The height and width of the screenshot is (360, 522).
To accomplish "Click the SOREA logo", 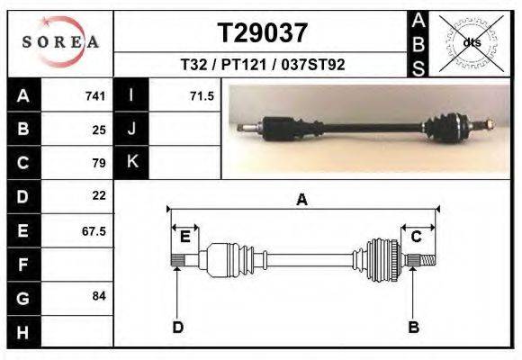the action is (x=60, y=42).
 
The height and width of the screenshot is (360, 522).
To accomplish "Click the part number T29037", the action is (x=262, y=33).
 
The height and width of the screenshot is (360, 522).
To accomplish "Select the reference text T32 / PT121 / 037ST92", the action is (x=262, y=64).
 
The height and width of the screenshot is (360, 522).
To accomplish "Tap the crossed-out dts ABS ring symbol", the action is (x=472, y=43).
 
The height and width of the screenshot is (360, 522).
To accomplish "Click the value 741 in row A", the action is (x=95, y=96).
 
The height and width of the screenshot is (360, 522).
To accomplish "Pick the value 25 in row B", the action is (x=99, y=130).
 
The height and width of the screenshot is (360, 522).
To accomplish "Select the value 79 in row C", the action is (x=99, y=163).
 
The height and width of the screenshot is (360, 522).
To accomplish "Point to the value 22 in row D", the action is (x=99, y=195).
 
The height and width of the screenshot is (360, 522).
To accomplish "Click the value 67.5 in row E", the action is (x=94, y=231).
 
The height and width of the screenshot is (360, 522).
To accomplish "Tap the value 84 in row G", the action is (x=99, y=296).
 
